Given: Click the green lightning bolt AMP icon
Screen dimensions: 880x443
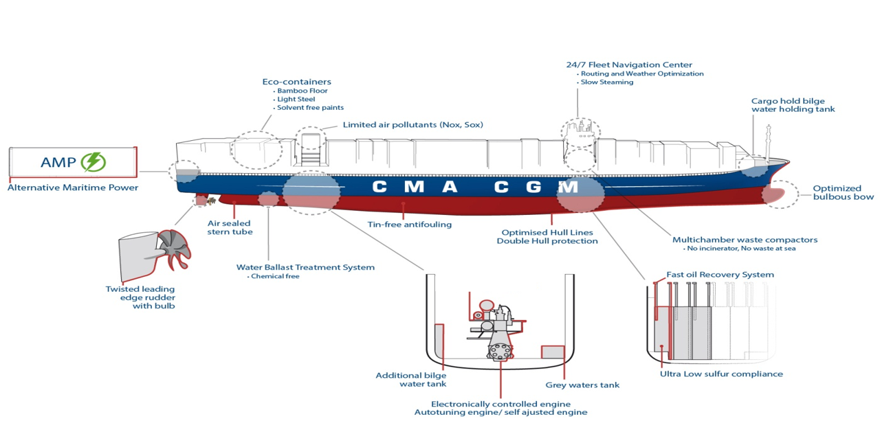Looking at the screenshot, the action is pyautogui.click(x=93, y=162).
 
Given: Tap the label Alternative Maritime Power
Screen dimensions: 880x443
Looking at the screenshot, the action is pyautogui.click(x=73, y=188).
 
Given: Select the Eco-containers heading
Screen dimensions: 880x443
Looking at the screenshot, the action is pyautogui.click(x=296, y=82).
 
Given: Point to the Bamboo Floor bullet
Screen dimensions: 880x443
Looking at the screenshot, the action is pyautogui.click(x=301, y=91).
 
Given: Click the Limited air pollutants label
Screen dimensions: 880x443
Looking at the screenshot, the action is pyautogui.click(x=413, y=125).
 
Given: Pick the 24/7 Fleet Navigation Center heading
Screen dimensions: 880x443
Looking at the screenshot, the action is pyautogui.click(x=629, y=65).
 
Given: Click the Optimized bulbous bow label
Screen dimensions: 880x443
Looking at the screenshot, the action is pyautogui.click(x=843, y=192).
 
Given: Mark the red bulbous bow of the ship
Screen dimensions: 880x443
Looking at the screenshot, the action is pyautogui.click(x=773, y=194).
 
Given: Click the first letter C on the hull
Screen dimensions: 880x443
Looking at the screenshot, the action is pyautogui.click(x=379, y=187).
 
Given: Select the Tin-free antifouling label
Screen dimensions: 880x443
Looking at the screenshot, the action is pyautogui.click(x=409, y=225).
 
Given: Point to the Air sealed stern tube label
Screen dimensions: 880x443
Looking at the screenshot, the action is pyautogui.click(x=230, y=227).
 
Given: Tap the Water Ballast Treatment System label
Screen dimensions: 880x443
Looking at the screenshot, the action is pyautogui.click(x=305, y=267).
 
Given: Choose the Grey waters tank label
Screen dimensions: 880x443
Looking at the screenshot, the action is pyautogui.click(x=582, y=385).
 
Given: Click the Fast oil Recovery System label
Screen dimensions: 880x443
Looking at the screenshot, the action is pyautogui.click(x=720, y=275).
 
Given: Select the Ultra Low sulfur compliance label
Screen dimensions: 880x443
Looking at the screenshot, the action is pyautogui.click(x=721, y=374).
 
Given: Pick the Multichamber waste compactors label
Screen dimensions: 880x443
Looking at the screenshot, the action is pyautogui.click(x=745, y=240).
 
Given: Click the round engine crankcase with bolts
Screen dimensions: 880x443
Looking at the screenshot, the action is pyautogui.click(x=500, y=351).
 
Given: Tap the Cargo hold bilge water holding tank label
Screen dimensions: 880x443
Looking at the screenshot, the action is pyautogui.click(x=793, y=105).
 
